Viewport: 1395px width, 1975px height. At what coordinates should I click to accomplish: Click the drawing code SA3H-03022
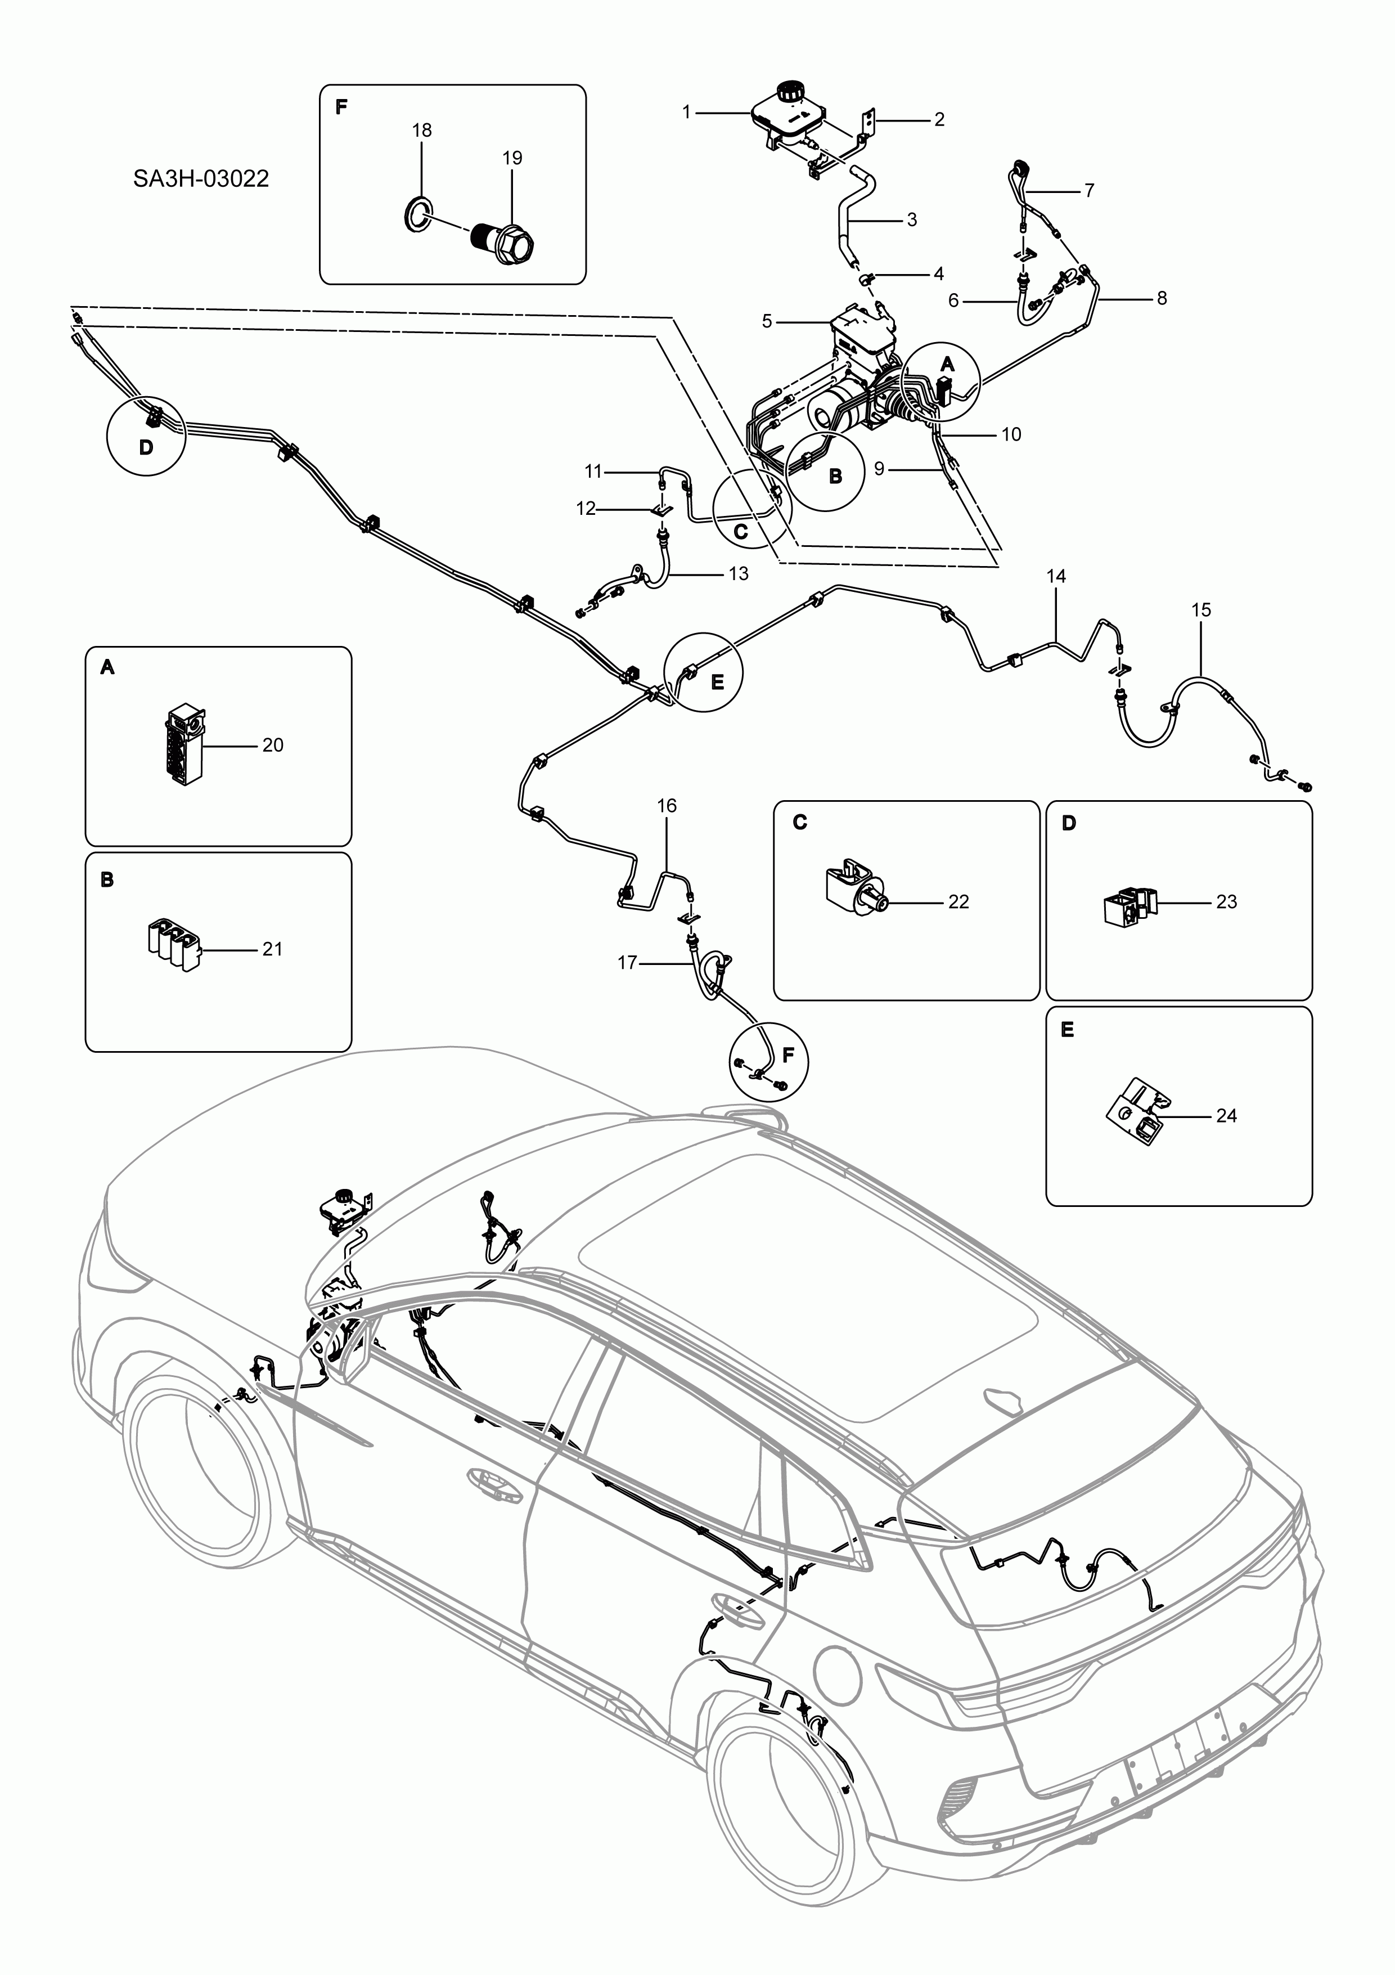(x=200, y=179)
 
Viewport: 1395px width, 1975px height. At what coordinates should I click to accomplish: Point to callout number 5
(x=767, y=322)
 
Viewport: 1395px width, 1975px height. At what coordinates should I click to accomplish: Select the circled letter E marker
(x=717, y=681)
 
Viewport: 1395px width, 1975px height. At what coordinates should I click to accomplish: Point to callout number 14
(x=1056, y=576)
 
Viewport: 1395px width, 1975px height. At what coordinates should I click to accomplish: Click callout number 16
(x=667, y=805)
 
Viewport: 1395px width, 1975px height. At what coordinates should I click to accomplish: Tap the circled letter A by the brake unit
(x=947, y=365)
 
